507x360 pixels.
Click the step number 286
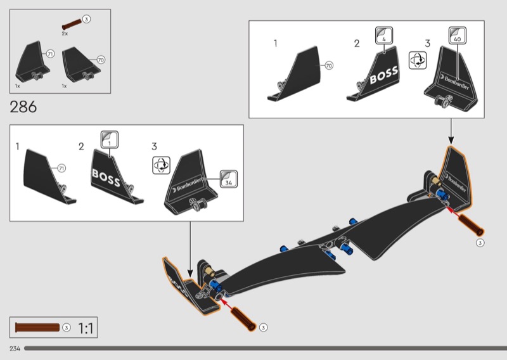pos(23,106)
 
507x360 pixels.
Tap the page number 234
pos(15,349)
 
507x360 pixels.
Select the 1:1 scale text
pos(86,328)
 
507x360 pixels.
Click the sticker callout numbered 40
pos(457,35)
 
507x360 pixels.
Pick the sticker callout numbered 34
pos(229,179)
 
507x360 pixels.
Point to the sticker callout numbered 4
pos(384,35)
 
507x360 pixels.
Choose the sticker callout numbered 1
pos(109,139)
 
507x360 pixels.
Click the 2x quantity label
pos(65,34)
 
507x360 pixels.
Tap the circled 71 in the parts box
pos(50,54)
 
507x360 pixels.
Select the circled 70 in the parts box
pos(101,60)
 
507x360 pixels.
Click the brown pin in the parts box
pos(72,24)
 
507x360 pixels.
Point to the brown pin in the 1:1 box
pos(37,327)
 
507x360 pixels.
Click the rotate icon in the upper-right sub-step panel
pos(418,60)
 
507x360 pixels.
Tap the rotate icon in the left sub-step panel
pos(161,165)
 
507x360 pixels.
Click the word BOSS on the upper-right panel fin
pos(384,75)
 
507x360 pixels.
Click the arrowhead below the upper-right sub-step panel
pos(451,140)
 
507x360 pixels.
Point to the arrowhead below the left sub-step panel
pos(190,273)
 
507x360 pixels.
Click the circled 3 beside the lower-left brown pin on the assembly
pos(263,327)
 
